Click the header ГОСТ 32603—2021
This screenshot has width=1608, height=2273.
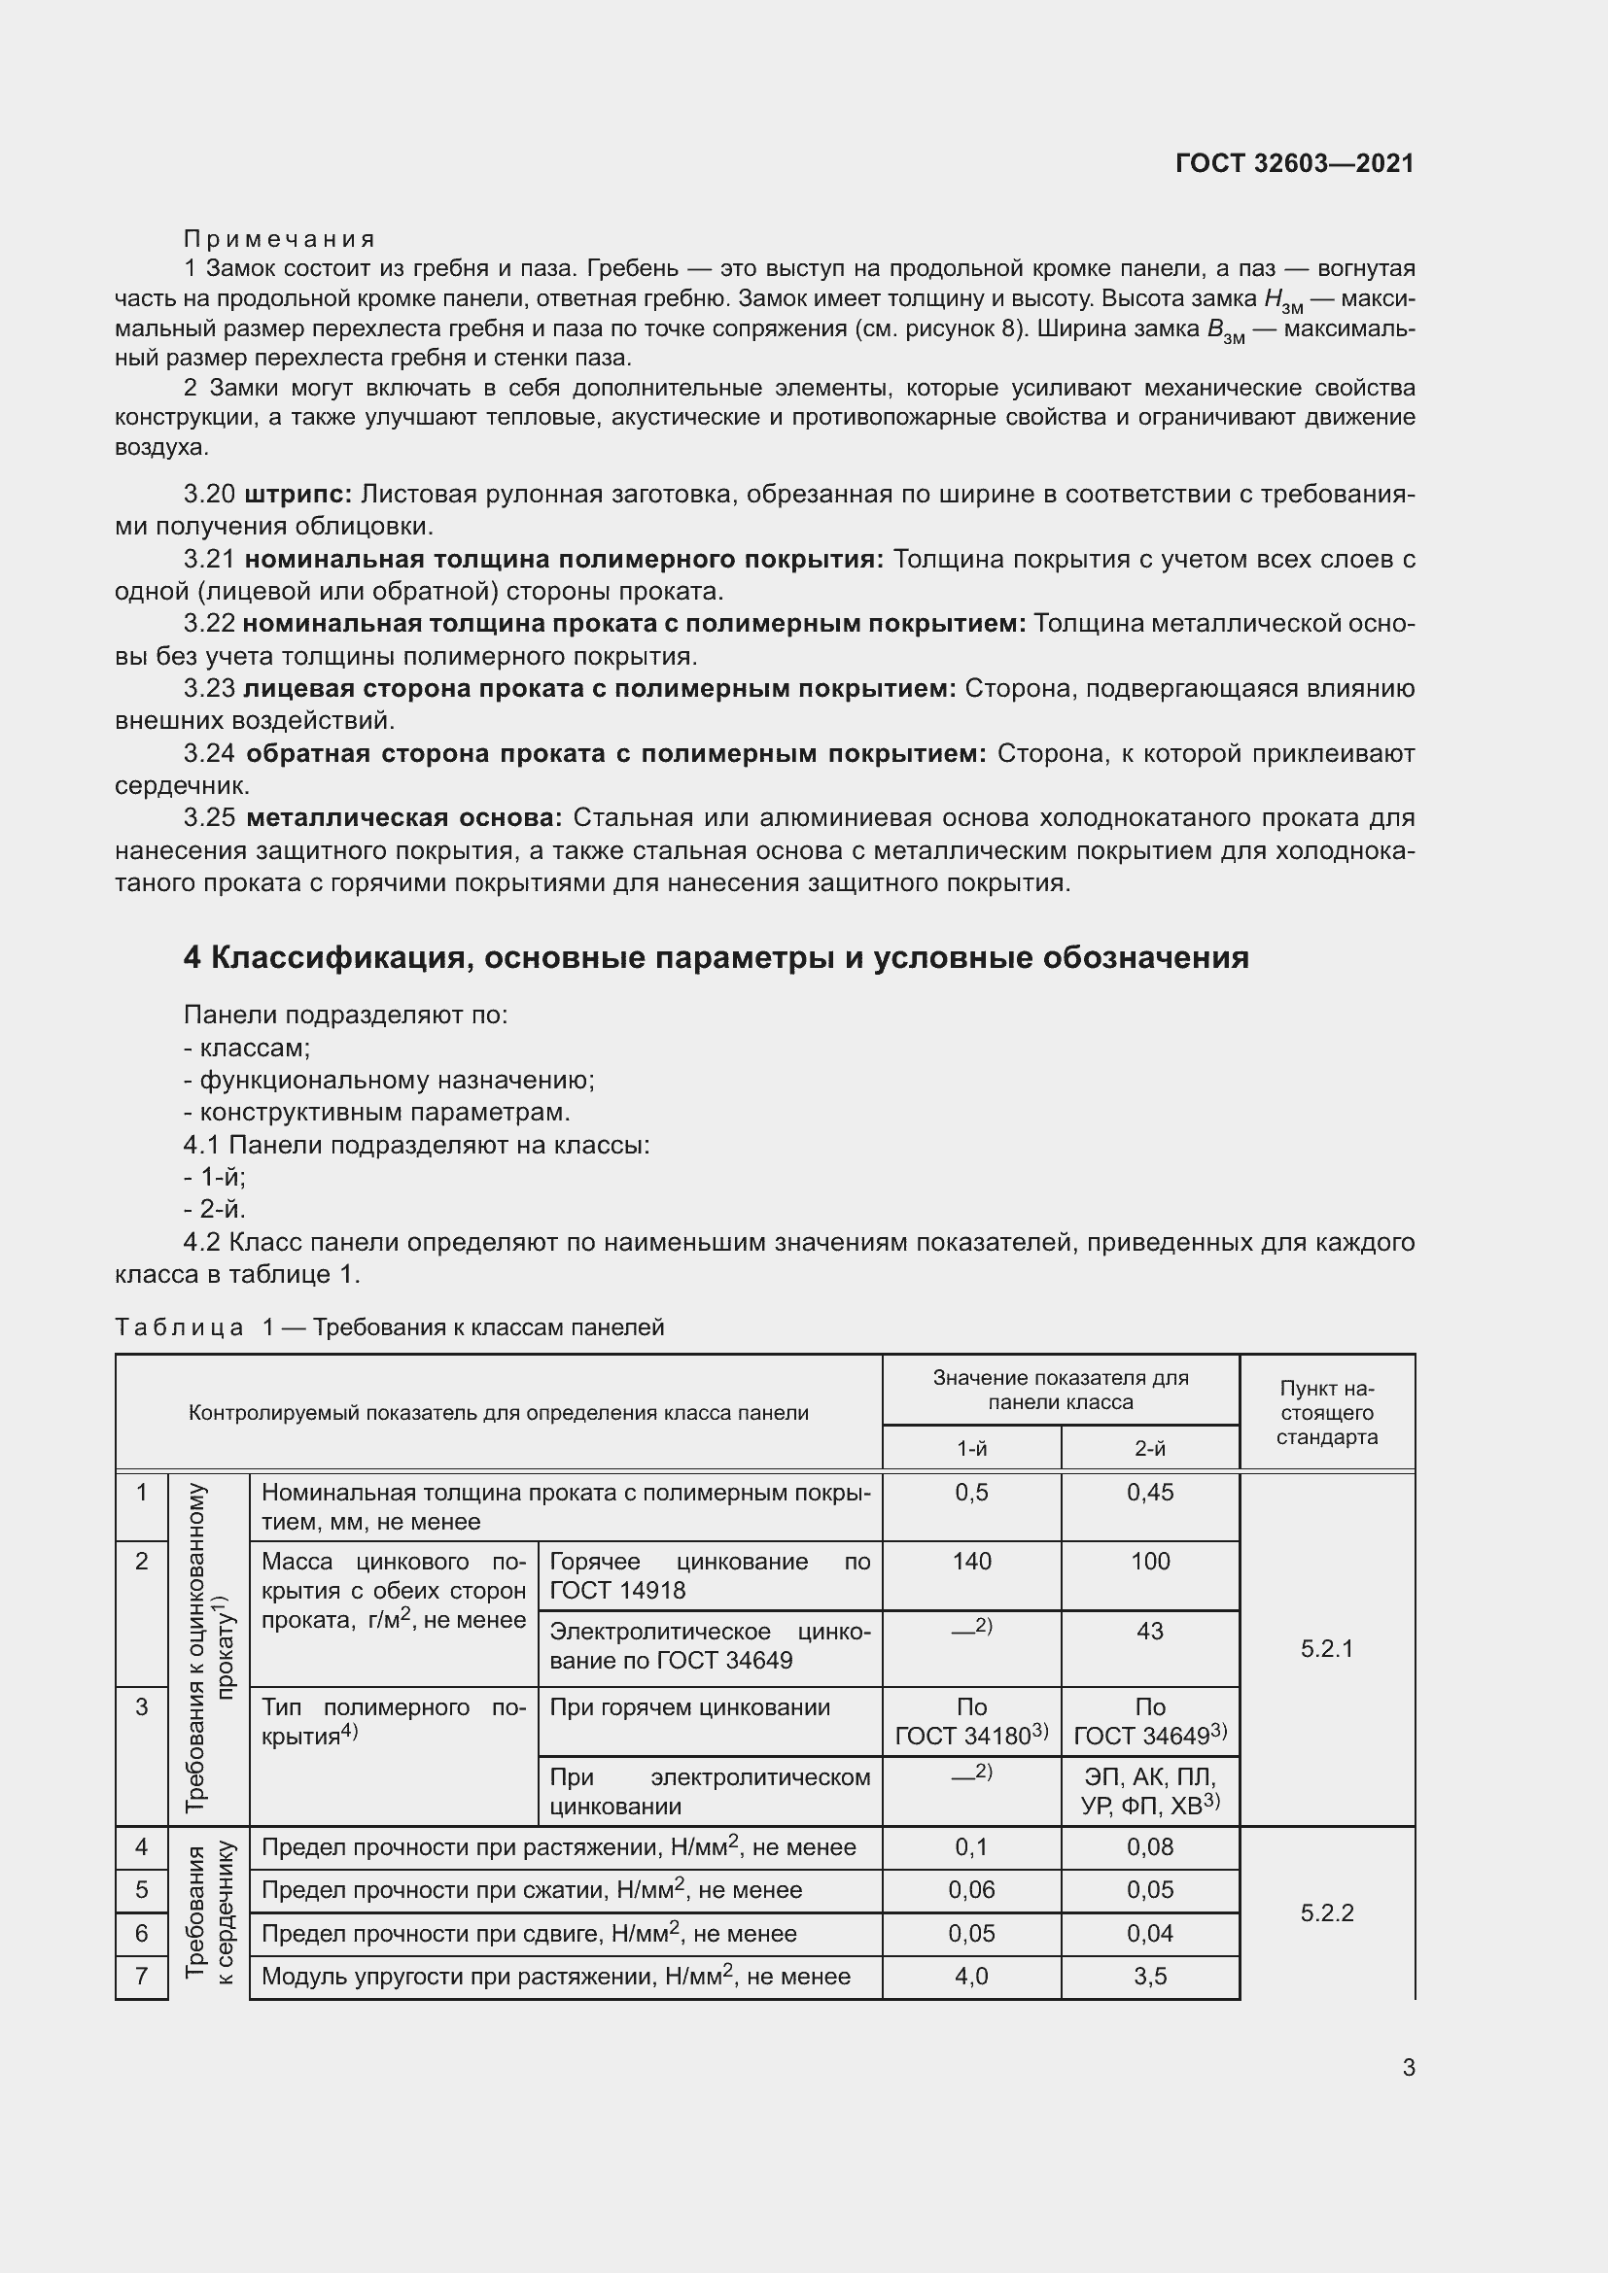click(1294, 163)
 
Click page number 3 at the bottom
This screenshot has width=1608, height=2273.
click(1408, 2067)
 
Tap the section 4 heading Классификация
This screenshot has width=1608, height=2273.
click(716, 957)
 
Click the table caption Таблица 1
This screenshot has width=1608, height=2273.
click(389, 1327)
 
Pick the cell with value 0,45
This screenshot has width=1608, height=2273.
click(1149, 1492)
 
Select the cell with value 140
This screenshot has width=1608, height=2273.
click(971, 1562)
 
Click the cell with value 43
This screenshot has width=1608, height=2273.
click(1149, 1631)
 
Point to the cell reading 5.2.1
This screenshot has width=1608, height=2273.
click(1327, 1648)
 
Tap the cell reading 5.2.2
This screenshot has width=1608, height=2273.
click(1327, 1912)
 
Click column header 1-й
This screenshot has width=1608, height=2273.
click(971, 1448)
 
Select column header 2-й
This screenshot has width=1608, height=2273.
click(1149, 1448)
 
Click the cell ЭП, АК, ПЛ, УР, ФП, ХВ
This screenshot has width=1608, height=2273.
click(1149, 1790)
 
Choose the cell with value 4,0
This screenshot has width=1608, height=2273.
click(971, 1976)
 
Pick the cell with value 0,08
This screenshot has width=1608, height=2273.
click(1149, 1846)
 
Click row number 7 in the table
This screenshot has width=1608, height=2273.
click(142, 1976)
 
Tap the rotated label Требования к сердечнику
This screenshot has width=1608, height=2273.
click(209, 1911)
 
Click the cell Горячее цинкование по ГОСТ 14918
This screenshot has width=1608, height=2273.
click(709, 1575)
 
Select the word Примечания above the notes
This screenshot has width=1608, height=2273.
click(279, 239)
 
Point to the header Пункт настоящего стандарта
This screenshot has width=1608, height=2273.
click(1327, 1412)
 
